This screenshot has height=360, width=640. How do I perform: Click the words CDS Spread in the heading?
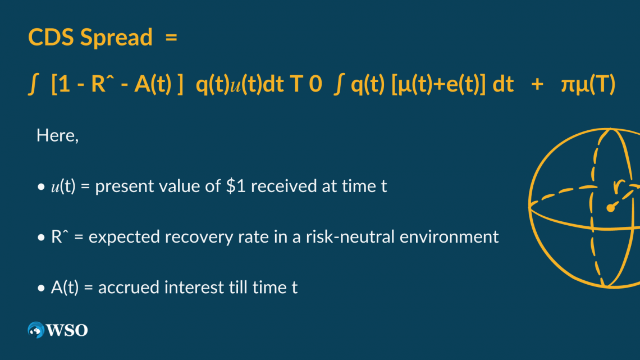[x=90, y=38]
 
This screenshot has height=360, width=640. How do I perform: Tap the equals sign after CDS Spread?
[x=171, y=38]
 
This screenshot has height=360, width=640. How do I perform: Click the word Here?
[x=57, y=135]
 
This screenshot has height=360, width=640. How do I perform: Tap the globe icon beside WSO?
[x=36, y=330]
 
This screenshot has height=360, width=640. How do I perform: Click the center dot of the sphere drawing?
[x=610, y=208]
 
